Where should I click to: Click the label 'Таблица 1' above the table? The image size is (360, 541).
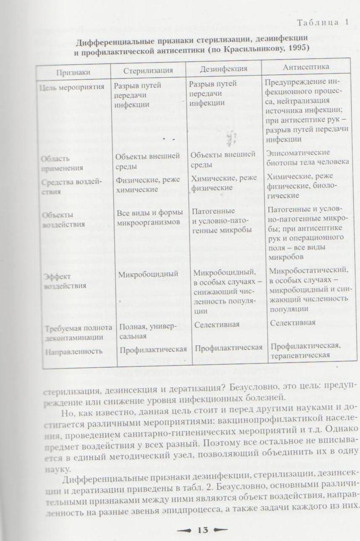coord(323,23)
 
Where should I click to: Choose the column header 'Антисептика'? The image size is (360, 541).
coord(306,67)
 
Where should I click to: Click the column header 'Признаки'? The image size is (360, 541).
coord(73,72)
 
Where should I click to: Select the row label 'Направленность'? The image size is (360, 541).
coord(74,351)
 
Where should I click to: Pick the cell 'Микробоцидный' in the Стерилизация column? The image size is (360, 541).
coord(148,274)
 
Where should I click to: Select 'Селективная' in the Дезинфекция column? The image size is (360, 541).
coord(217,324)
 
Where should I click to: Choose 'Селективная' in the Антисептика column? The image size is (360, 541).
coord(292,323)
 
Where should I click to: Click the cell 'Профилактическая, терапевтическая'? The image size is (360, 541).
coord(305,350)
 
